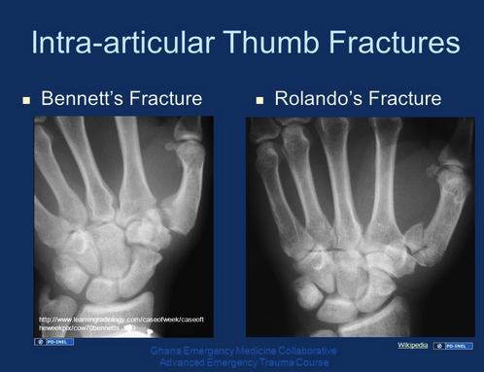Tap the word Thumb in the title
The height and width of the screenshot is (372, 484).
tap(282, 43)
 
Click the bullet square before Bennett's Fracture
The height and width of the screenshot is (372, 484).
tap(26, 100)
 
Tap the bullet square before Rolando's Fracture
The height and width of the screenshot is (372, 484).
tap(259, 100)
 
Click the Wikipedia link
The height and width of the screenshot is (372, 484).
tap(412, 345)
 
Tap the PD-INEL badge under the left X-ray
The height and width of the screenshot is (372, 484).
tap(54, 342)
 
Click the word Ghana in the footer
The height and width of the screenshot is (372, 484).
tap(170, 350)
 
